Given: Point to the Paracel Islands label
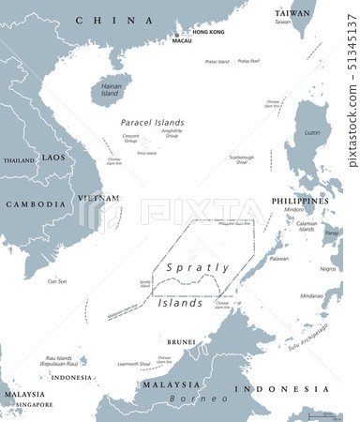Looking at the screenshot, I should pos(152,122).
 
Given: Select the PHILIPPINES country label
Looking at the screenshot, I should pos(299,201).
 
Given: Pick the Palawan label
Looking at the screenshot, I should pos(279,258).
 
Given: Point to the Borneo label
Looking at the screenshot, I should pos(187,398).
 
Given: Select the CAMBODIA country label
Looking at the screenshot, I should pos(35,203).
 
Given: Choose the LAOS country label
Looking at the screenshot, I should pos(53,158).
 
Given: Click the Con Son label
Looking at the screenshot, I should pos(57,280).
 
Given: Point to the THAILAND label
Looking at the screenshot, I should pos(18,160).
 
